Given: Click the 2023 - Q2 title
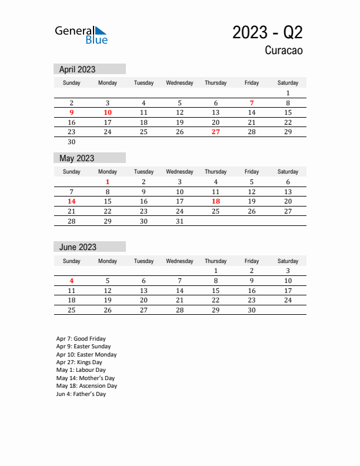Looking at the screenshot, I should pyautogui.click(x=267, y=32).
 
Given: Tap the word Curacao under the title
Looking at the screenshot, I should pyautogui.click(x=284, y=51).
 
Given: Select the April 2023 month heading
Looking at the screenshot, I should pyautogui.click(x=77, y=69).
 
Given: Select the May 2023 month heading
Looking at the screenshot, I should pyautogui.click(x=76, y=158).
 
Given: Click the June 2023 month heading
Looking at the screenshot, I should pyautogui.click(x=78, y=247).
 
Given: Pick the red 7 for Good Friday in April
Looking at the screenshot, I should pyautogui.click(x=252, y=103).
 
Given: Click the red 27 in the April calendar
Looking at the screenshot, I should pyautogui.click(x=216, y=132).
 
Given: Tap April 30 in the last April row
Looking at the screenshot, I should pyautogui.click(x=71, y=142).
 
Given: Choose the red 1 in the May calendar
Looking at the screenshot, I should pyautogui.click(x=108, y=182).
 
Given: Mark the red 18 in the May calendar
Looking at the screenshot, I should pyautogui.click(x=216, y=201).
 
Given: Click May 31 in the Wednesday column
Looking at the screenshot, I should pyautogui.click(x=180, y=221).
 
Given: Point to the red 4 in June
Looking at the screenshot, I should pyautogui.click(x=71, y=281).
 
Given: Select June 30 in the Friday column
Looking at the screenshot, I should pyautogui.click(x=252, y=310).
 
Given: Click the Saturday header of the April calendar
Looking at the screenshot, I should pyautogui.click(x=288, y=83).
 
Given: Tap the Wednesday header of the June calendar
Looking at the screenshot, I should pyautogui.click(x=180, y=261).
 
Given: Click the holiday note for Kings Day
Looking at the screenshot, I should pyautogui.click(x=81, y=362).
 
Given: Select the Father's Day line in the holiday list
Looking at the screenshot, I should pyautogui.click(x=81, y=394).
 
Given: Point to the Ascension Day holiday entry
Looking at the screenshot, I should pyautogui.click(x=86, y=386).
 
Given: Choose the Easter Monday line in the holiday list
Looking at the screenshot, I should pyautogui.click(x=86, y=355).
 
